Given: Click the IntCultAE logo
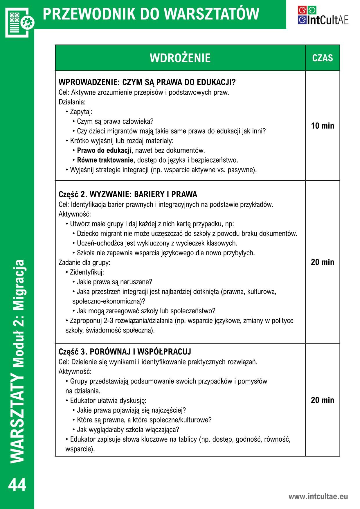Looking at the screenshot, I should coord(323,15).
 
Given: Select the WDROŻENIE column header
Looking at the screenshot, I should coord(180,58).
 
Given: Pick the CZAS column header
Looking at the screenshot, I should coord(322,58).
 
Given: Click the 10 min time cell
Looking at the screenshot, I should coord(323,126).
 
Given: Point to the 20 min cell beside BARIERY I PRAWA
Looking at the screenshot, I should coord(323,262).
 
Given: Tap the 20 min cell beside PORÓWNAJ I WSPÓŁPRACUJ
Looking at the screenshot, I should coord(323,400).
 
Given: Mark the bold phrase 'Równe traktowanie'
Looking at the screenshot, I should coord(105,160).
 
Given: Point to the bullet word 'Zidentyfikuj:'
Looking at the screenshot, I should coord(87,272).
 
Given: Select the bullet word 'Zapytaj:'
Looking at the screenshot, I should coord(81,112).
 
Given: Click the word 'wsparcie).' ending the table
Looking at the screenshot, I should coord(80,449).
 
